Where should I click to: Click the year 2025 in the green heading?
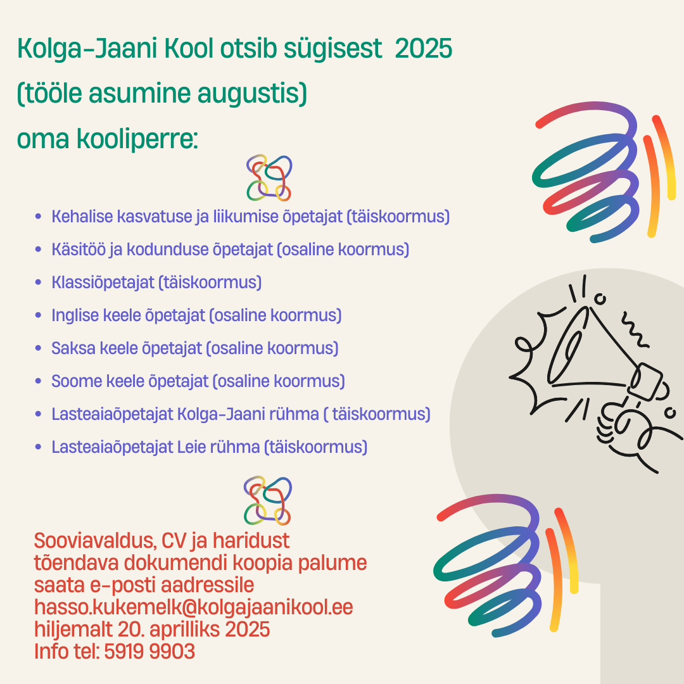click(423, 48)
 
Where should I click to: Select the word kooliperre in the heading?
click(137, 139)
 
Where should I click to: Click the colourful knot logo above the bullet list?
click(269, 178)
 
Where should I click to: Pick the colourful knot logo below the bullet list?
click(267, 500)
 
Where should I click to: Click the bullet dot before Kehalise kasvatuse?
click(39, 217)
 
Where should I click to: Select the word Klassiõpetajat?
click(103, 282)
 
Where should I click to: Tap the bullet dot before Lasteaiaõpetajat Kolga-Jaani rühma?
click(39, 414)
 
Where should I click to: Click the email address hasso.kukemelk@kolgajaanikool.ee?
click(194, 607)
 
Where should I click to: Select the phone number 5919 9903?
click(149, 651)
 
